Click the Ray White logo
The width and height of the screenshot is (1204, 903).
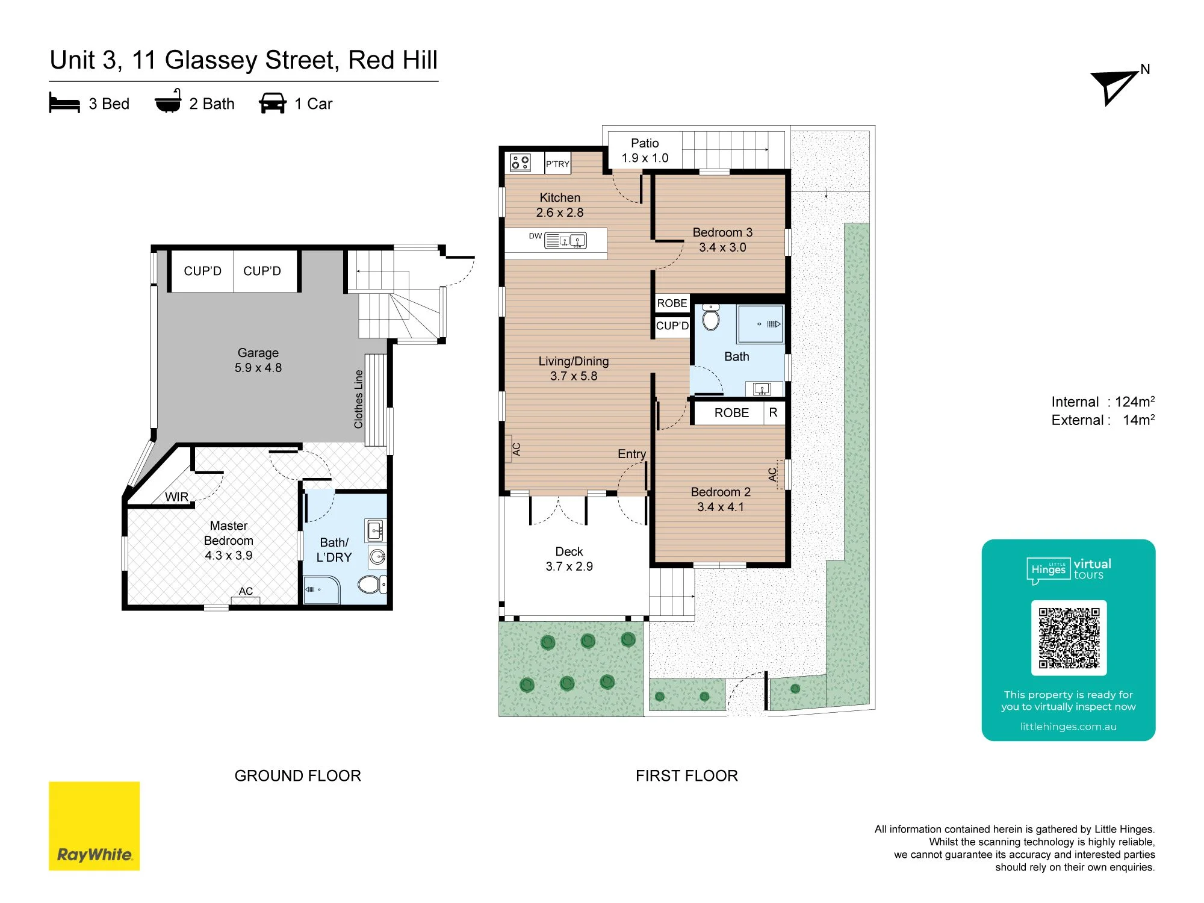[x=94, y=826]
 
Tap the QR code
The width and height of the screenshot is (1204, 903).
[x=1069, y=638]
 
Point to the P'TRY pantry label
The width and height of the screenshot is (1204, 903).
[x=557, y=164]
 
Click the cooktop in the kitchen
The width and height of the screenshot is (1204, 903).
[x=520, y=163]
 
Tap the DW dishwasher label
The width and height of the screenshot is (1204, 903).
[x=535, y=236]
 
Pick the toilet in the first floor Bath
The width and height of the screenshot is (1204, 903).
[x=711, y=317]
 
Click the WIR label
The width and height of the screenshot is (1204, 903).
[x=176, y=497]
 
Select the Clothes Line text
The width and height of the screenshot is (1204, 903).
[x=359, y=399]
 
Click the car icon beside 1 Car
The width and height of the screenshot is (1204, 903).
[x=273, y=103]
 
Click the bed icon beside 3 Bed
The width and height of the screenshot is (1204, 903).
[x=64, y=103]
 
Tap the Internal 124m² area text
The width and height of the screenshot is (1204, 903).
[x=1103, y=402]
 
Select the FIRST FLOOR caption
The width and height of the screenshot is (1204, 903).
[x=687, y=775]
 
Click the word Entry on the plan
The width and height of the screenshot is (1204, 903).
[x=631, y=454]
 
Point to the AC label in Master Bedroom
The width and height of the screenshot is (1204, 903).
[x=246, y=591]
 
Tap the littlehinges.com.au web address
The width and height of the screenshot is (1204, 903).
[x=1069, y=727]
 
